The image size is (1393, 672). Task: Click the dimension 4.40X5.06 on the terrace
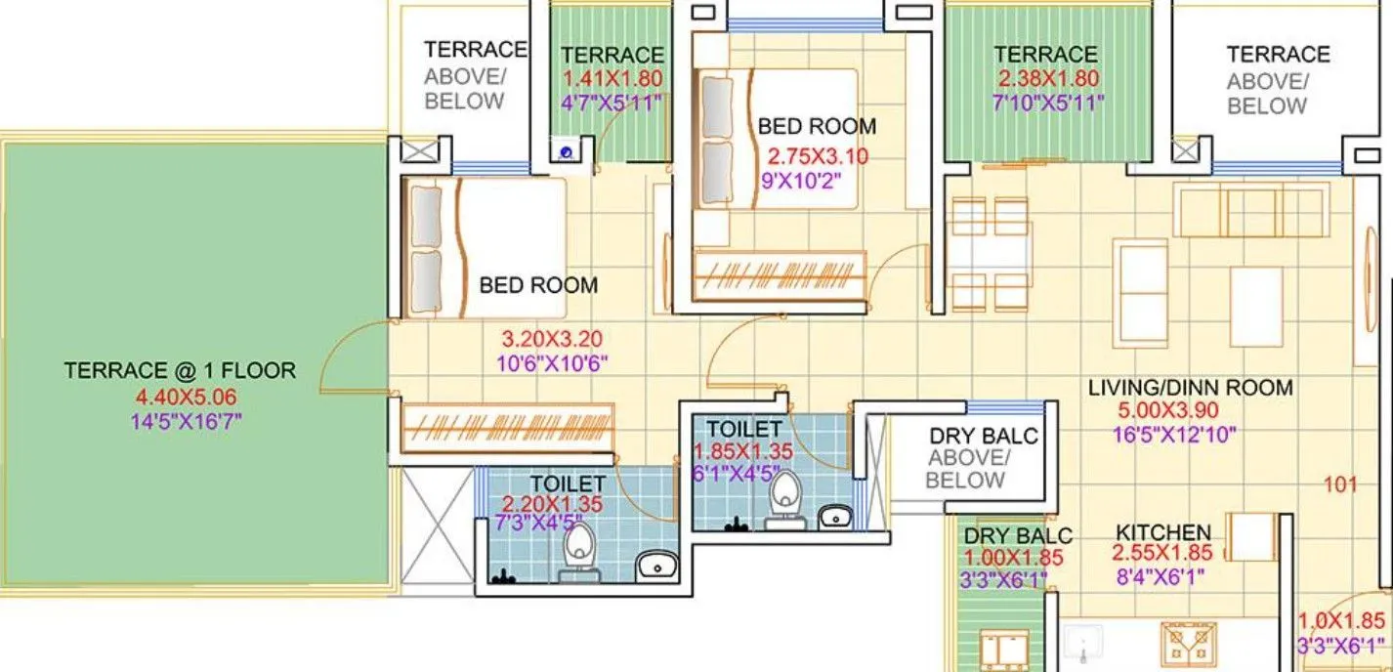coord(186,398)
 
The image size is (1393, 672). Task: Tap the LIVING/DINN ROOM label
coord(1190,388)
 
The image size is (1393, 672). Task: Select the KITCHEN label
coord(1162,532)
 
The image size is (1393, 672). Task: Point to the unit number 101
coord(1340,483)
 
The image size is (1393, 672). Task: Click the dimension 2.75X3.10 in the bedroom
coord(818,156)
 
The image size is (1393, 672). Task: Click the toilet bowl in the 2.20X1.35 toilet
coord(578,547)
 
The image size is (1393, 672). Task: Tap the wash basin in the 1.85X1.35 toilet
coord(833,516)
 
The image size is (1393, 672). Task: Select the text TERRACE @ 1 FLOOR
coord(179,371)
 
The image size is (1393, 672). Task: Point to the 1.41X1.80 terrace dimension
coord(612,79)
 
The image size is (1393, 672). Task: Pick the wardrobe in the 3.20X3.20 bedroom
coord(508,426)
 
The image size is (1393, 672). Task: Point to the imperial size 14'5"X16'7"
coord(186,422)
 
